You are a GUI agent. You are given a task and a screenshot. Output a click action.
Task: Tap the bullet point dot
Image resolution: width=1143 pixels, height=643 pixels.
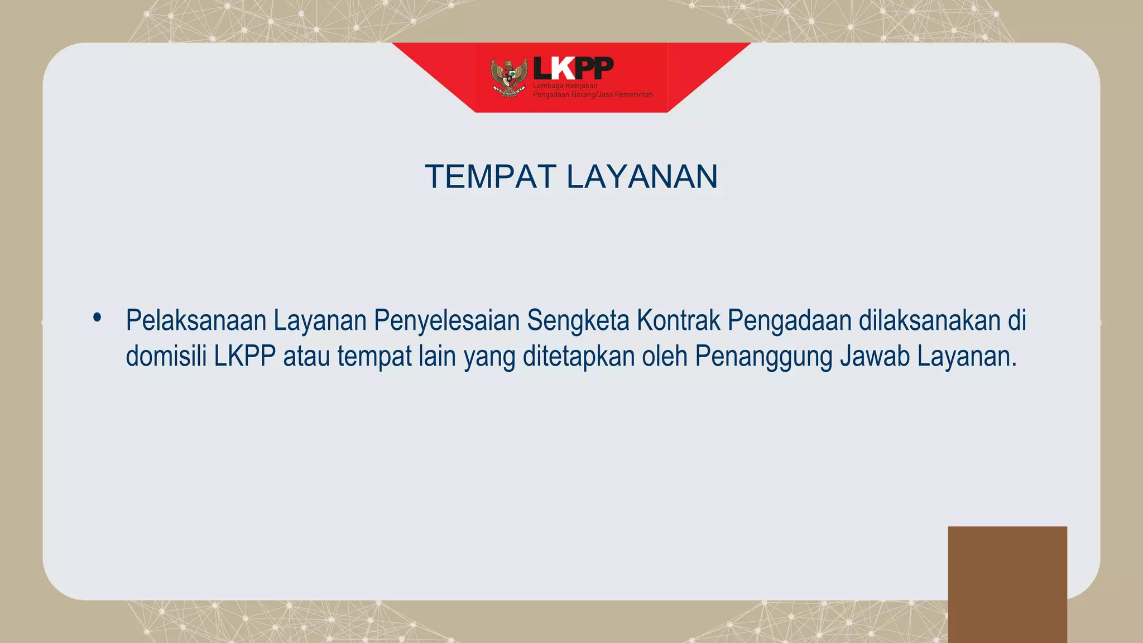[x=98, y=318]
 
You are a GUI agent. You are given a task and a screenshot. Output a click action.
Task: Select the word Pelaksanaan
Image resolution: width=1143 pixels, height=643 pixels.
[x=196, y=320]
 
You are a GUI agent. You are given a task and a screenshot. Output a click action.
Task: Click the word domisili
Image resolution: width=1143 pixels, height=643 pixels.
[x=166, y=356]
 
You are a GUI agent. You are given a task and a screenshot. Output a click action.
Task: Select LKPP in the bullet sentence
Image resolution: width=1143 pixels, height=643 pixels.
[x=245, y=356]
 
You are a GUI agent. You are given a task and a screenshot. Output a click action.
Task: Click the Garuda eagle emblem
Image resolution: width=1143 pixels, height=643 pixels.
[x=509, y=77]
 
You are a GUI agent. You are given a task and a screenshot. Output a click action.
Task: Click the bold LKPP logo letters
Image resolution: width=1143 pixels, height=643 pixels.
[x=573, y=69]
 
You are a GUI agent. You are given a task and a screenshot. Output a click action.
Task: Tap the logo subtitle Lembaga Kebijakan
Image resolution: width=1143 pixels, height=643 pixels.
[x=565, y=86]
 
